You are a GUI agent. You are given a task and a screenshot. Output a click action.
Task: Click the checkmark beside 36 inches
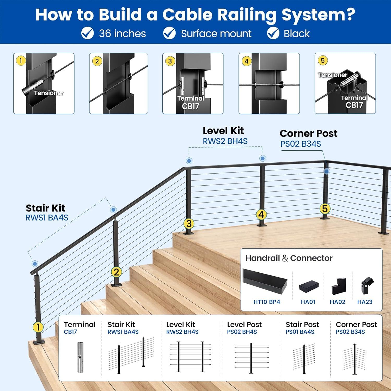[x=88, y=33]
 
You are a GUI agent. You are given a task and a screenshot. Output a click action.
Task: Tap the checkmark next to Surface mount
[x=169, y=33]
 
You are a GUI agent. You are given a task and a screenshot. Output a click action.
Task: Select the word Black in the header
[x=297, y=34]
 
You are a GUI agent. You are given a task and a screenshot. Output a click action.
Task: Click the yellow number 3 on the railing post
[x=189, y=223]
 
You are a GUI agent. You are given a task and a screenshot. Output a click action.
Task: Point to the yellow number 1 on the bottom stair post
[x=38, y=327]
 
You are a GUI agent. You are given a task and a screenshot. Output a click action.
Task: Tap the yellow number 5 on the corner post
[x=325, y=209]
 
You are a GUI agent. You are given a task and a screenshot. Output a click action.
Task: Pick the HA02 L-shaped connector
[x=338, y=286]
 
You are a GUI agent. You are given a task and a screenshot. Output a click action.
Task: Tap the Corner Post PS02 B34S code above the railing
[x=301, y=144]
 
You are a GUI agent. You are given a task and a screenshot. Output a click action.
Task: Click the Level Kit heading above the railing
[x=223, y=131]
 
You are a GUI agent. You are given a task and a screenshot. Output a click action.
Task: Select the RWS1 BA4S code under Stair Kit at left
[x=47, y=218]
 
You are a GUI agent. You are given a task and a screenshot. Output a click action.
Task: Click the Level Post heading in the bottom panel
[x=244, y=325]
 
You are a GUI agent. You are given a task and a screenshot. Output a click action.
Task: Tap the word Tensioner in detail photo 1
[x=49, y=93]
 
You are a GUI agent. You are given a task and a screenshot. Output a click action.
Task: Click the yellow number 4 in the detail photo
[x=247, y=61]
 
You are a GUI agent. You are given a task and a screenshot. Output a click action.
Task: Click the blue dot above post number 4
[x=263, y=158]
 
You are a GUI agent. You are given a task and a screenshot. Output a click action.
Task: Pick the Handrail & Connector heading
[x=289, y=258]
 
